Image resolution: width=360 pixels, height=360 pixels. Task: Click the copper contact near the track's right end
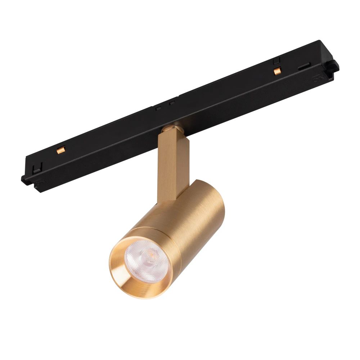pyautogui.click(x=276, y=71)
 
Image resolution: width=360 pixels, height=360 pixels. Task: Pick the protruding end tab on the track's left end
pyautogui.click(x=24, y=179)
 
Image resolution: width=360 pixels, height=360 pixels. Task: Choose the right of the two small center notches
pyautogui.click(x=172, y=103)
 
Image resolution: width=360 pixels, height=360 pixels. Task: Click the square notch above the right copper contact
pyautogui.click(x=277, y=62)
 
